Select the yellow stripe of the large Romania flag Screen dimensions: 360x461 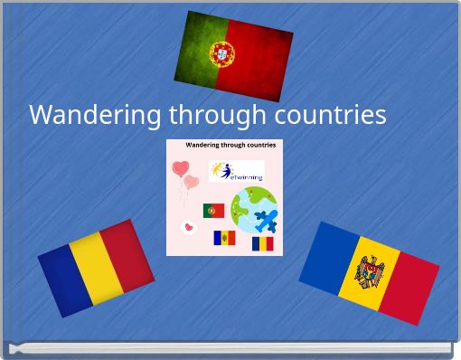point(96,268)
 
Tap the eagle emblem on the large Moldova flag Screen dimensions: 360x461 point(369,272)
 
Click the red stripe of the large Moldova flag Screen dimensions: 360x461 point(409,286)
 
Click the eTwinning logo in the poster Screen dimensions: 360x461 point(237,171)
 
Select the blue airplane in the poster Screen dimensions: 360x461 point(266,220)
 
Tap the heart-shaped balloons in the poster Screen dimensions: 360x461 point(185,174)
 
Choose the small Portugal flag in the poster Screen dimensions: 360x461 point(213,211)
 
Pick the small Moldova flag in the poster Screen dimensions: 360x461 point(223,238)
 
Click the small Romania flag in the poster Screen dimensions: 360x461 point(262,243)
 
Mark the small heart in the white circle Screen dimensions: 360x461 point(188,227)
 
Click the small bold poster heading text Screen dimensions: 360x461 point(230,145)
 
